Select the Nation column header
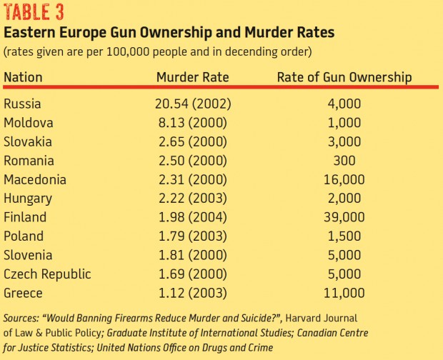(x=24, y=77)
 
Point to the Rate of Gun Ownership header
(x=344, y=77)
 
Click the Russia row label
(x=23, y=104)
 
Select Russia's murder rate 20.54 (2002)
(x=194, y=104)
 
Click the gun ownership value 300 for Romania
(x=344, y=161)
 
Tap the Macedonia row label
(x=35, y=179)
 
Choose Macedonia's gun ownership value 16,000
(x=344, y=179)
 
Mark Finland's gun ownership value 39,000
(x=344, y=217)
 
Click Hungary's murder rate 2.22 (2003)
(x=194, y=199)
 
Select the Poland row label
(x=24, y=236)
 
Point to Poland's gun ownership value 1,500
(x=344, y=236)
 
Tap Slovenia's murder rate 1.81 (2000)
(x=194, y=255)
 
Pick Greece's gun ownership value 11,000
(x=344, y=293)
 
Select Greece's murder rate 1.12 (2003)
(x=194, y=293)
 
